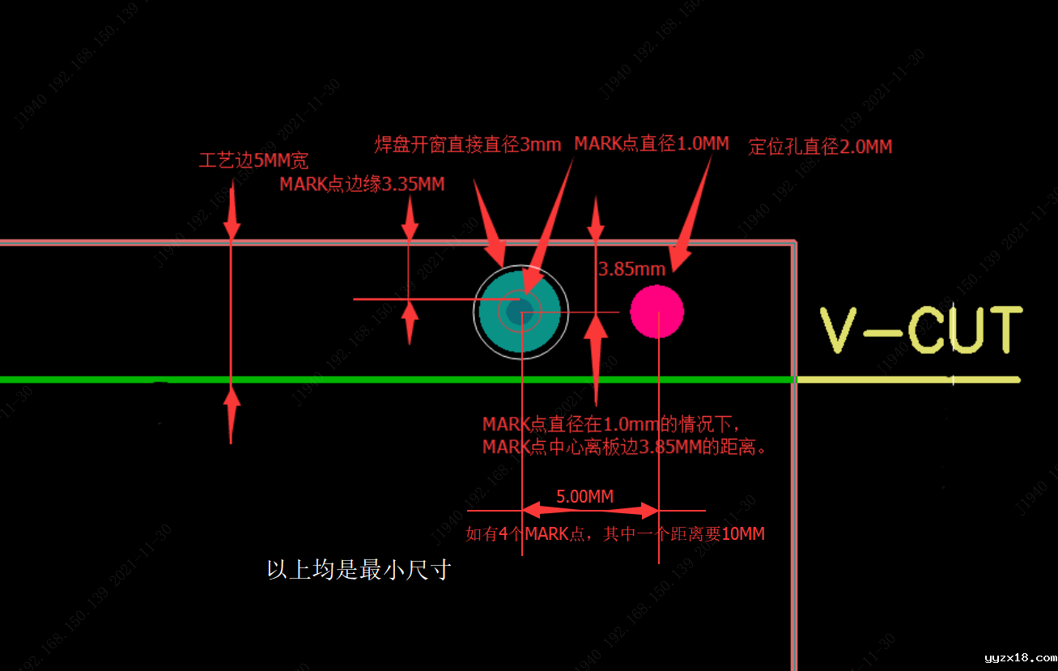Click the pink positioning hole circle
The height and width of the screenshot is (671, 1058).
tap(657, 312)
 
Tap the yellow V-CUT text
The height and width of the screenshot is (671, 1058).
tap(921, 329)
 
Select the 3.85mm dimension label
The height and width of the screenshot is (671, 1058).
tap(631, 269)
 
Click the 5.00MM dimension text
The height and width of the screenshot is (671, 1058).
tap(584, 496)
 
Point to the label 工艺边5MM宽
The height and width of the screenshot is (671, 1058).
tap(253, 160)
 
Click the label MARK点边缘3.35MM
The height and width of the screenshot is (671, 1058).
tap(362, 185)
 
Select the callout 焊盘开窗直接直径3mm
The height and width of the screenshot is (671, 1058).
tap(467, 145)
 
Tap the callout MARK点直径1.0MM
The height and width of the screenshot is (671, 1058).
tap(652, 144)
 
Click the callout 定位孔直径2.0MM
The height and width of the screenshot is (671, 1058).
tap(820, 147)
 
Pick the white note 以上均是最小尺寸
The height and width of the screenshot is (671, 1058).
tap(359, 570)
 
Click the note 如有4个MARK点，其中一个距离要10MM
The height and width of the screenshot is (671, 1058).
tap(615, 534)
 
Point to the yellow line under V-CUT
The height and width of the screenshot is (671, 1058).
tap(907, 380)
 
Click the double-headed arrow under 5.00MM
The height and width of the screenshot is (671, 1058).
tap(590, 511)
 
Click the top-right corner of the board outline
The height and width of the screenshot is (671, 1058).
tap(794, 242)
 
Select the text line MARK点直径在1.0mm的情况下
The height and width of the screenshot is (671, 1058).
tap(611, 424)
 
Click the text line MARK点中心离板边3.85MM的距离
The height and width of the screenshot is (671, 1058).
tap(624, 447)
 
